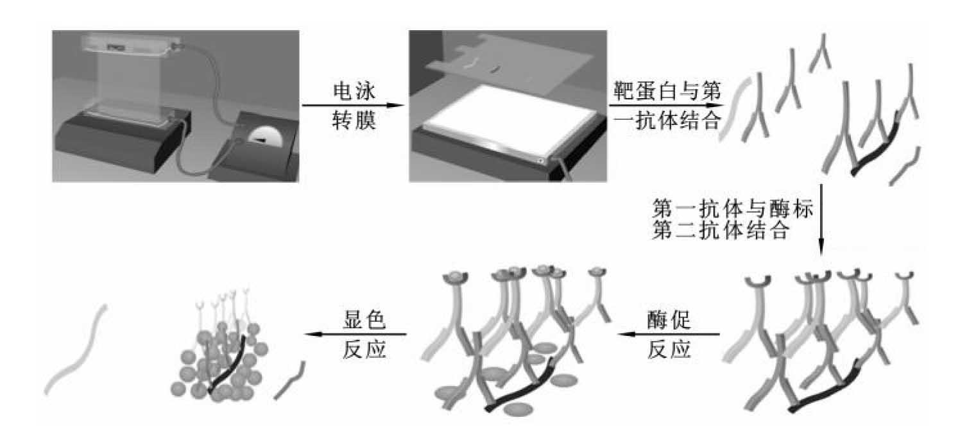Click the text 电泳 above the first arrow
354,91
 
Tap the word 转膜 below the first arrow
354,120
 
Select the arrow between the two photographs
353,105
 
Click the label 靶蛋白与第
667,91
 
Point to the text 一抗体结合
667,120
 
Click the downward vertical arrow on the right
821,219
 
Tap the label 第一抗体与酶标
733,208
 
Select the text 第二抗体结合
721,230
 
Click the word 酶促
669,321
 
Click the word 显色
365,321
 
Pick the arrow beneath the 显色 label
356,335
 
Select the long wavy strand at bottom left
76,349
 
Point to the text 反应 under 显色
365,349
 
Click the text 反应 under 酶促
669,349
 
